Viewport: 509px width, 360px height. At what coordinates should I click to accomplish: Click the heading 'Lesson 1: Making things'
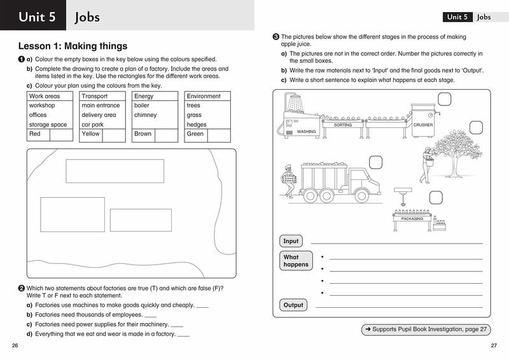(73, 46)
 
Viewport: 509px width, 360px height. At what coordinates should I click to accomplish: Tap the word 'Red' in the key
(35, 134)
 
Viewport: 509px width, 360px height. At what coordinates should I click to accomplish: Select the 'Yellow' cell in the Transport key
(91, 134)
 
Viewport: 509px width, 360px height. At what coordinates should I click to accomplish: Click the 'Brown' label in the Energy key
(143, 134)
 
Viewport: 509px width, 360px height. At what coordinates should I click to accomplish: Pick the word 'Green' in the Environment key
(195, 134)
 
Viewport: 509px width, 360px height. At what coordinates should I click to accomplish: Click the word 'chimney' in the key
(145, 115)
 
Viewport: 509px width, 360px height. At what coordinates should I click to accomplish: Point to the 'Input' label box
(291, 241)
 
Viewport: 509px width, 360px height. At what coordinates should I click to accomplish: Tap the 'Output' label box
(293, 305)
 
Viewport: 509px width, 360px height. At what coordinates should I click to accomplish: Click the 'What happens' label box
(296, 261)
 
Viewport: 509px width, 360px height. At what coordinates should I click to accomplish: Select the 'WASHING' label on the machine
(306, 132)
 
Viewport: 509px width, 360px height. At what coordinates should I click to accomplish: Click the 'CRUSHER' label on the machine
(422, 125)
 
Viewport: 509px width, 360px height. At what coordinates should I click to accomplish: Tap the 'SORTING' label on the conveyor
(343, 125)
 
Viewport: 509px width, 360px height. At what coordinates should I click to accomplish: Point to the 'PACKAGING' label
(412, 219)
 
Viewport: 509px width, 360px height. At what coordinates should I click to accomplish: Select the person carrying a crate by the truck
(289, 181)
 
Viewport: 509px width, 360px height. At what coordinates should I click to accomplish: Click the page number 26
(15, 345)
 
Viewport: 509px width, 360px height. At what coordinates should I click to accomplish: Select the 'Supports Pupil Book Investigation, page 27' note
(426, 329)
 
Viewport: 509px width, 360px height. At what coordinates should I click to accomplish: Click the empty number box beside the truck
(375, 162)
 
